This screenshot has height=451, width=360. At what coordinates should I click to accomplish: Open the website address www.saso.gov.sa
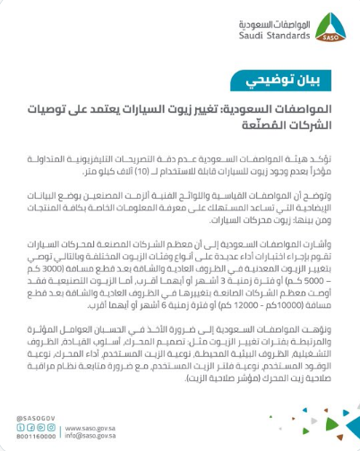(114, 428)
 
